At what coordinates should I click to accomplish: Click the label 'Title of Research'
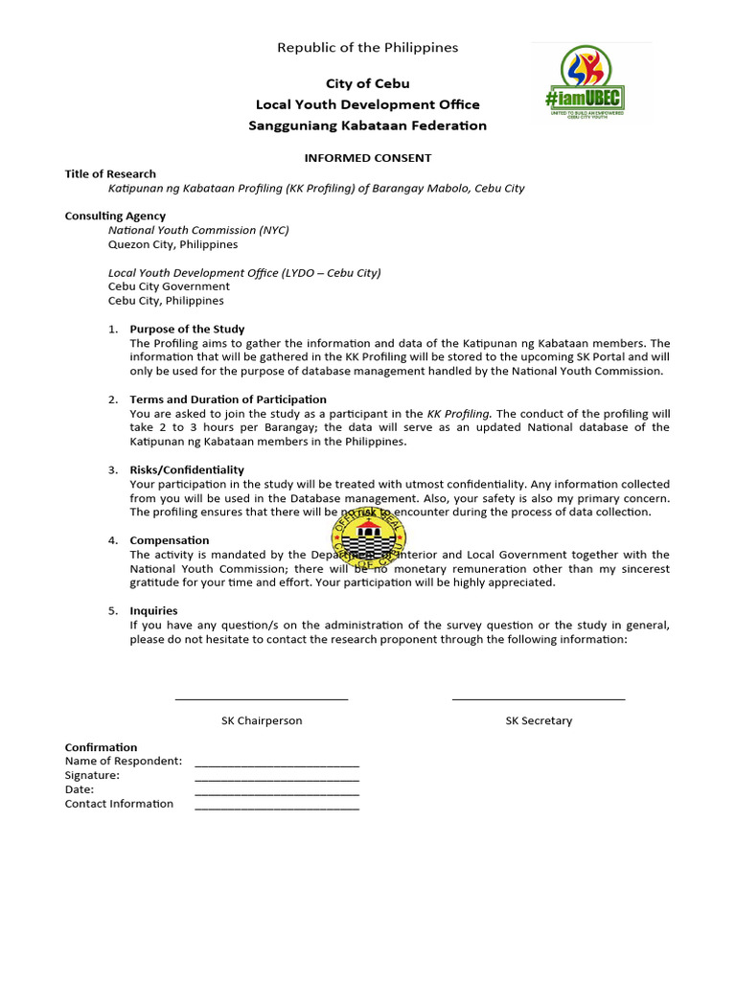pyautogui.click(x=110, y=174)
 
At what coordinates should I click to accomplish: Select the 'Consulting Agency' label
pyautogui.click(x=115, y=217)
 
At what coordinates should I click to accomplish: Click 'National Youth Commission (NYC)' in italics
pyautogui.click(x=198, y=231)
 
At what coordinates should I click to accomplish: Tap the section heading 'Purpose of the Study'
pyautogui.click(x=187, y=330)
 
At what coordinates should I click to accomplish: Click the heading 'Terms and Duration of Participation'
pyautogui.click(x=228, y=399)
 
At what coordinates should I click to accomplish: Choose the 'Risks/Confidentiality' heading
pyautogui.click(x=187, y=470)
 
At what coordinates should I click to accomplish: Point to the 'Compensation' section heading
pyautogui.click(x=170, y=540)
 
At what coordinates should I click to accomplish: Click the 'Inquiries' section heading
pyautogui.click(x=153, y=611)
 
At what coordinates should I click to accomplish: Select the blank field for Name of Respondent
pyautogui.click(x=277, y=764)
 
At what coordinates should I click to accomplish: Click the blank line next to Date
pyautogui.click(x=277, y=793)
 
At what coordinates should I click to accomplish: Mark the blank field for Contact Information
pyautogui.click(x=277, y=808)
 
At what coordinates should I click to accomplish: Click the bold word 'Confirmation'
pyautogui.click(x=101, y=747)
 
